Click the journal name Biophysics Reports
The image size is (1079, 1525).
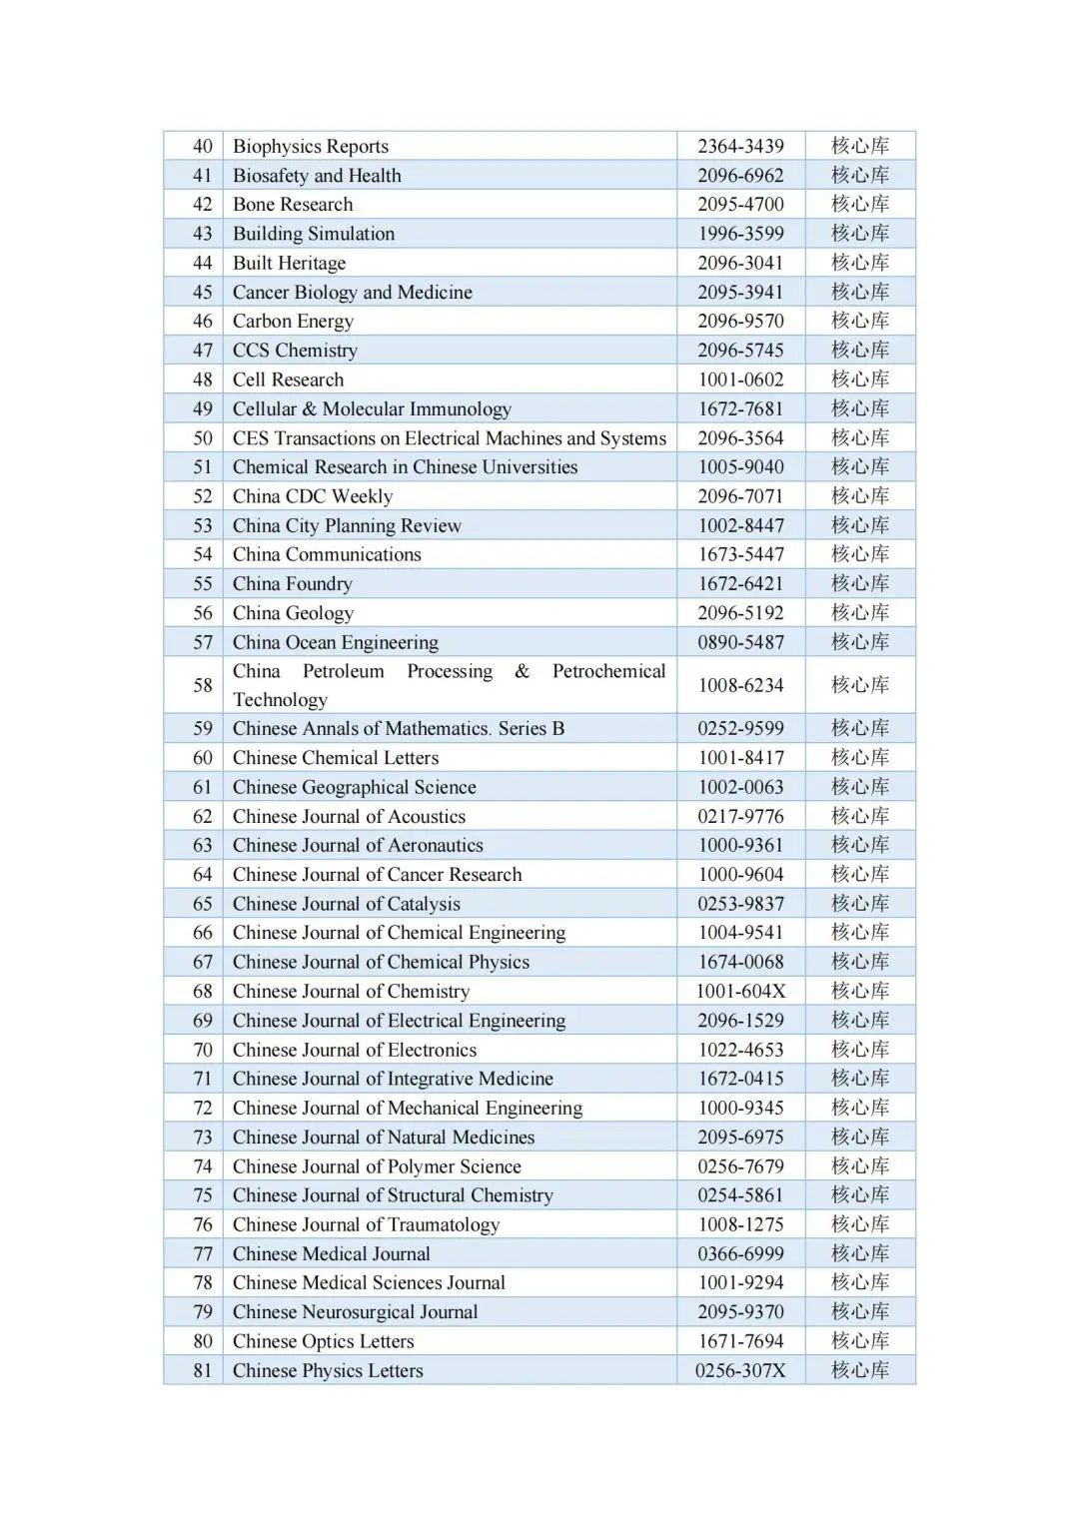[311, 147]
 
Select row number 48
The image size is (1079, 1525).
[203, 380]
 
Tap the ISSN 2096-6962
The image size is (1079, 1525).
[740, 176]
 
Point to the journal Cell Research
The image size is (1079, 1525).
[288, 380]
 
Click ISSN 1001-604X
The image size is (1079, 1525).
[740, 992]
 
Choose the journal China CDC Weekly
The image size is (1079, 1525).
[313, 496]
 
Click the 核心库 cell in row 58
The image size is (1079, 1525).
[860, 685]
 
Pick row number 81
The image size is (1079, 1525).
[203, 1371]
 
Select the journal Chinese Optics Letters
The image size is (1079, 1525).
[323, 1341]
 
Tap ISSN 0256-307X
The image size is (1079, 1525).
[740, 1371]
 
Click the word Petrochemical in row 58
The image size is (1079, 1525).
[608, 671]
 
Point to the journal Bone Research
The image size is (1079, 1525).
[293, 205]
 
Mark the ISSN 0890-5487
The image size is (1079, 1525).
[740, 642]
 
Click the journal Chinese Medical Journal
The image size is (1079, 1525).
[331, 1254]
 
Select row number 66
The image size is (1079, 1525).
[203, 933]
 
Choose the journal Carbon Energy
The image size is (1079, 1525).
[293, 322]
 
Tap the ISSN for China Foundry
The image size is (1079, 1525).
[740, 584]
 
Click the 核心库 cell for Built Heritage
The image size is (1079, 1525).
[860, 263]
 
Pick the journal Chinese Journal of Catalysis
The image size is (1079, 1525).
[347, 904]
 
